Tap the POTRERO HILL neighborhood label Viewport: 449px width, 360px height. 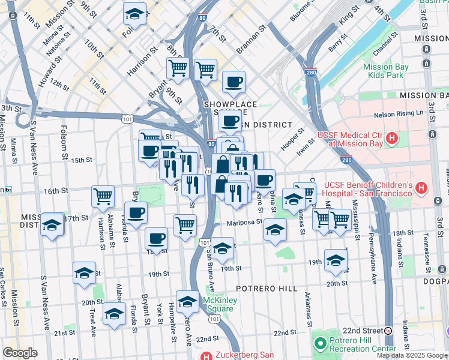[267, 289]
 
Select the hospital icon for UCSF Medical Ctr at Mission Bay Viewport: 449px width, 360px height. [392, 139]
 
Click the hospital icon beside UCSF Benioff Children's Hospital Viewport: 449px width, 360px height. [421, 188]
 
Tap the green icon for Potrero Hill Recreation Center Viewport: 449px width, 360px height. [319, 343]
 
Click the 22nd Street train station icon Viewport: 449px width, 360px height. [388, 331]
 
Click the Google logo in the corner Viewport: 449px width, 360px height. [20, 353]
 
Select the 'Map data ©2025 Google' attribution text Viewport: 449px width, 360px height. [412, 355]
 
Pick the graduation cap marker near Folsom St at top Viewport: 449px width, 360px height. [134, 13]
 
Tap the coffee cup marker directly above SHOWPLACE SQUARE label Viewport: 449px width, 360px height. [234, 82]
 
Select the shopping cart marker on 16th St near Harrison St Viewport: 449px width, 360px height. [103, 196]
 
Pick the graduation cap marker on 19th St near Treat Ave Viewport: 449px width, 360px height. [84, 272]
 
